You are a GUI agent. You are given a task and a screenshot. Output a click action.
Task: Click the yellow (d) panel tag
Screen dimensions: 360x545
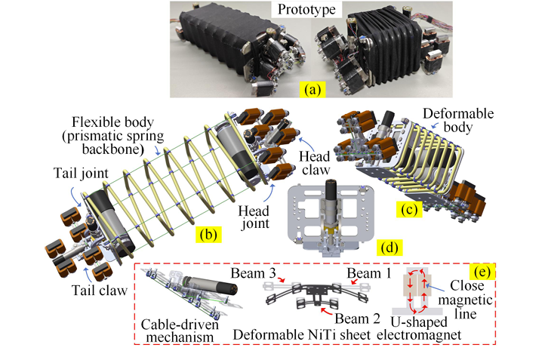(x=390, y=245)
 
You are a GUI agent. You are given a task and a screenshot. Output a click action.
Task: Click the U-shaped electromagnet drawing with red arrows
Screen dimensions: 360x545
(x=438, y=291)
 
